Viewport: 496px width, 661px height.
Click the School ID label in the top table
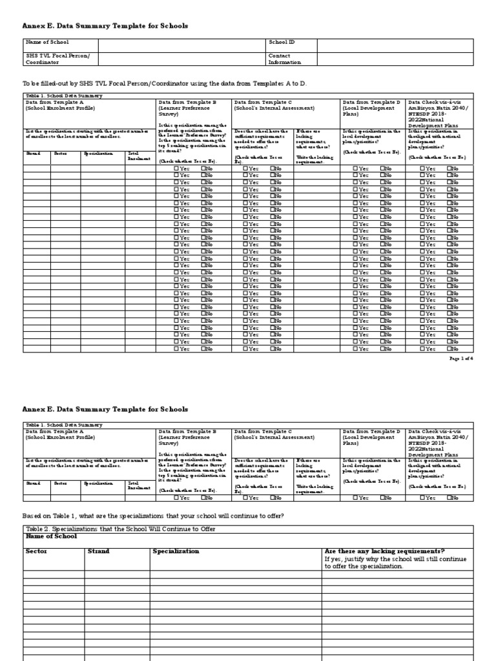[x=282, y=42]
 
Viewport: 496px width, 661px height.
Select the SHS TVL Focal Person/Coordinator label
[x=57, y=59]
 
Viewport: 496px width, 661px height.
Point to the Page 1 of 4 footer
[x=460, y=358]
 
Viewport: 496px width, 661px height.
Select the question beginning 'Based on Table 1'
[x=153, y=516]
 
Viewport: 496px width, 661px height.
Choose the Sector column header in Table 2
[x=37, y=551]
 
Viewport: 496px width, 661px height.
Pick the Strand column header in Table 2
[x=98, y=551]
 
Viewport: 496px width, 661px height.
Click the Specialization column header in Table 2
[x=176, y=551]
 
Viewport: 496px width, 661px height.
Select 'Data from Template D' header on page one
[x=371, y=102]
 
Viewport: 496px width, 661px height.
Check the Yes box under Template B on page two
[x=176, y=498]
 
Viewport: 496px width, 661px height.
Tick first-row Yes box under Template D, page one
[x=355, y=168]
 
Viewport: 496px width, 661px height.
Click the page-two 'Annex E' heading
[x=105, y=409]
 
